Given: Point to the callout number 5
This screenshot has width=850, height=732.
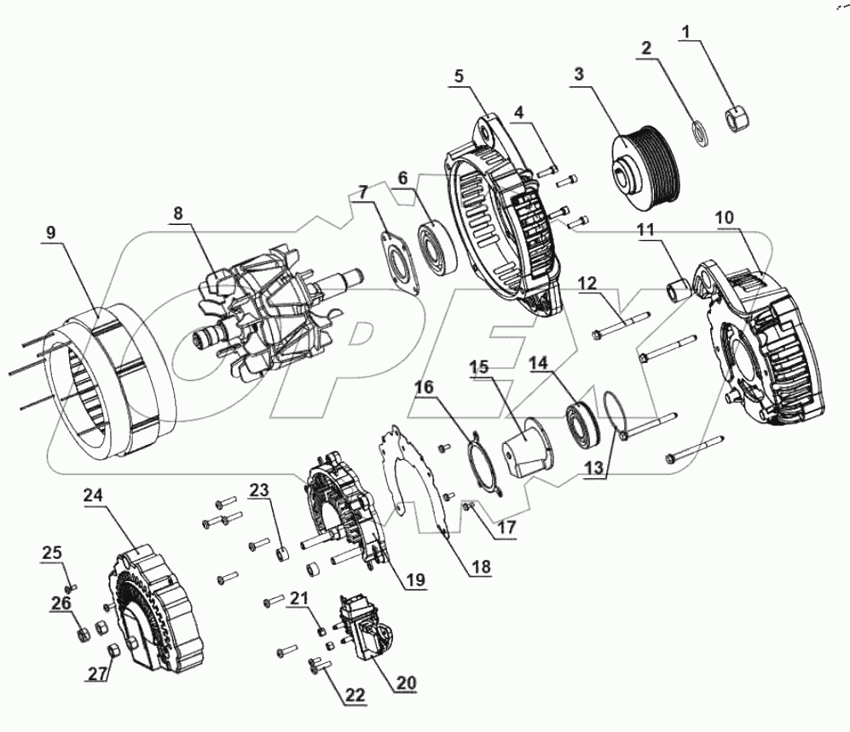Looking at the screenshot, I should point(458,76).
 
